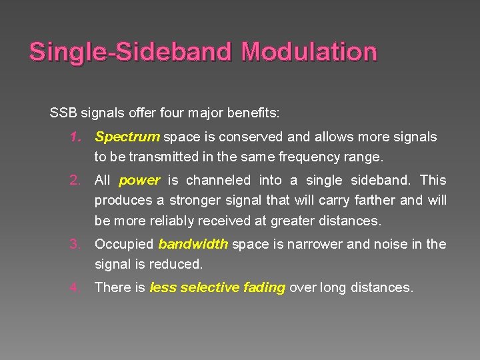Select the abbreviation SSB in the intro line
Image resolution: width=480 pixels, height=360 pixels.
tap(63, 112)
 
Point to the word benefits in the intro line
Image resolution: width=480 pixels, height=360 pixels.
tap(254, 112)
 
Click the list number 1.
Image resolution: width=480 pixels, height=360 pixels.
tap(75, 137)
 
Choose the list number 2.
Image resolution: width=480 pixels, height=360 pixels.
tap(75, 180)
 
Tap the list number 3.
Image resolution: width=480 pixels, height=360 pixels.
tap(75, 244)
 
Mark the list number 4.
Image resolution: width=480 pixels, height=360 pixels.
tap(75, 287)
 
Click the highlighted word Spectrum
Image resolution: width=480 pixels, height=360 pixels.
tap(127, 137)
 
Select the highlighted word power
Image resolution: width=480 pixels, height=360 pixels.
tap(139, 180)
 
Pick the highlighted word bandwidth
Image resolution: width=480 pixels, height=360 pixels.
tap(193, 244)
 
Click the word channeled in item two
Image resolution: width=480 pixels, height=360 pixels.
tap(217, 180)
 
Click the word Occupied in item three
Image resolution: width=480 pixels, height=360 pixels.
tap(124, 244)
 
